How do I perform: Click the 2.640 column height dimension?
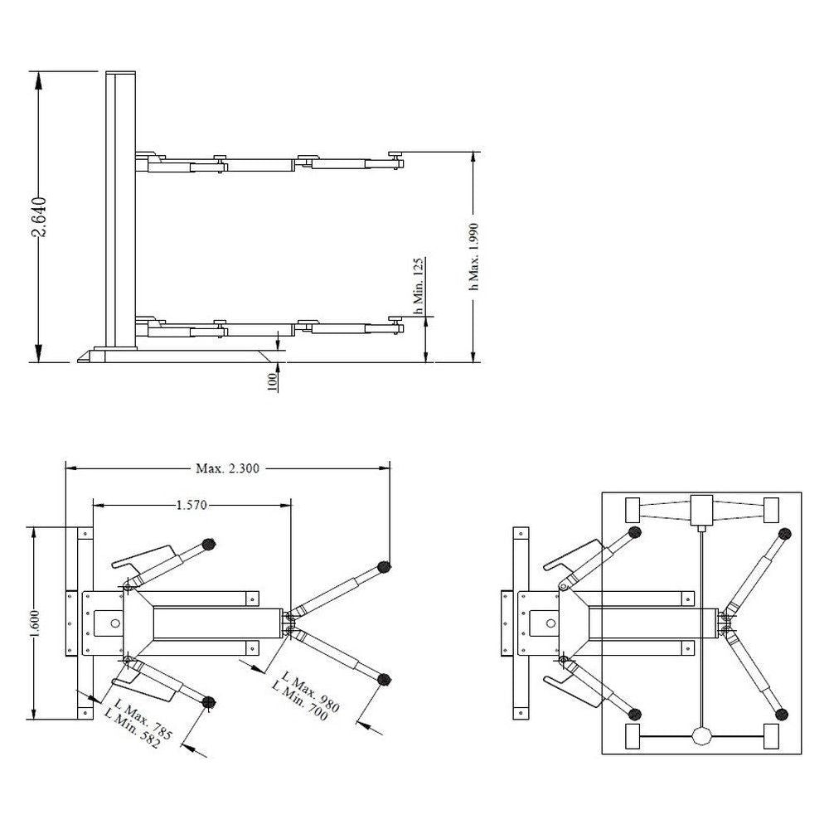click(x=39, y=217)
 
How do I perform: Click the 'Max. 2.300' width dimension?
click(x=227, y=468)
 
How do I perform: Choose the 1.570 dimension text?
click(x=191, y=503)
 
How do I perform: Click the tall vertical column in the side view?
click(x=121, y=207)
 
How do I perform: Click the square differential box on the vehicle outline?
click(x=702, y=507)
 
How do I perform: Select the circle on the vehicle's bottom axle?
click(x=703, y=735)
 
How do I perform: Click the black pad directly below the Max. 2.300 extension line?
click(x=384, y=567)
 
